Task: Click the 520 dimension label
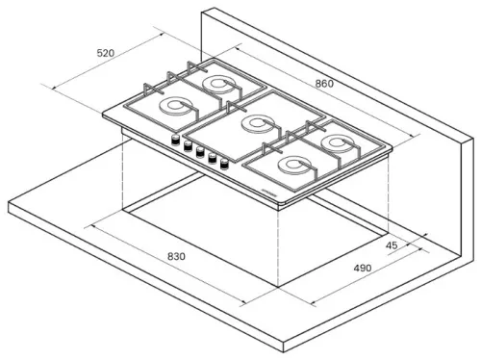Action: pyautogui.click(x=106, y=53)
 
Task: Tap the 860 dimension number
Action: pyautogui.click(x=324, y=84)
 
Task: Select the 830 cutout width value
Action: pyautogui.click(x=176, y=256)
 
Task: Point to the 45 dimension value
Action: pyautogui.click(x=392, y=245)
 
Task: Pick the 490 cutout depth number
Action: pyautogui.click(x=363, y=268)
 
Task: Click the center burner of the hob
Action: pyautogui.click(x=257, y=124)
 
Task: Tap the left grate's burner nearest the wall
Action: pyautogui.click(x=218, y=84)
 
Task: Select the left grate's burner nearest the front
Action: pyautogui.click(x=175, y=106)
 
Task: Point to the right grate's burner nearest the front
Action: pyautogui.click(x=293, y=166)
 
